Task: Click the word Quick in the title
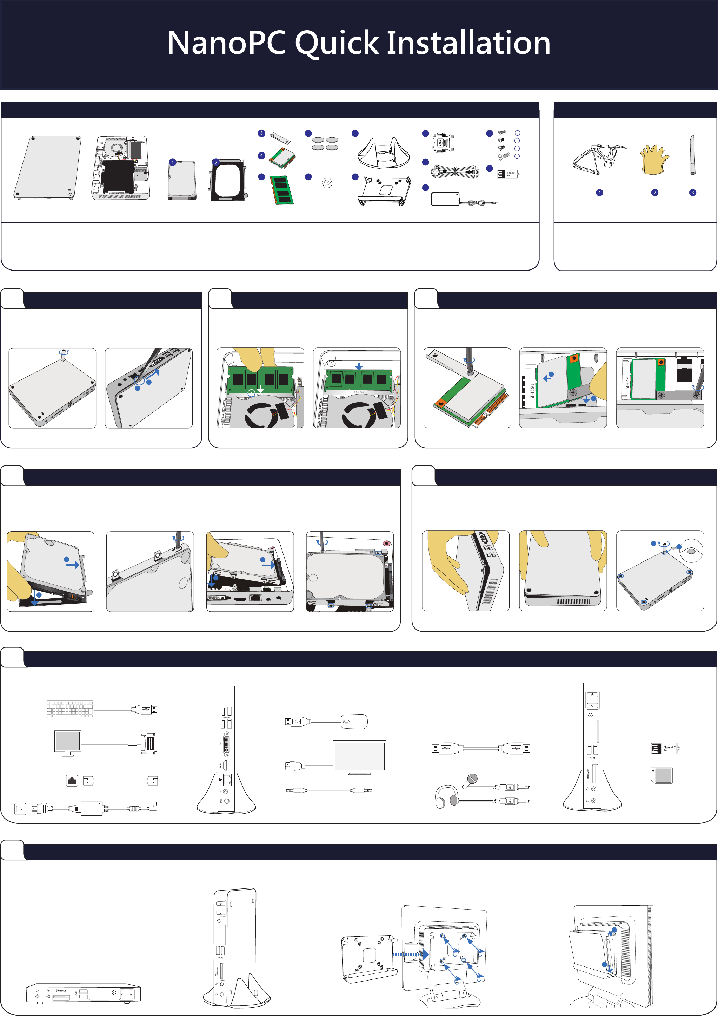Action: pyautogui.click(x=337, y=43)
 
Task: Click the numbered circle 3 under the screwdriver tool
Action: pyautogui.click(x=692, y=193)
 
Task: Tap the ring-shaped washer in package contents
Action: pyautogui.click(x=327, y=182)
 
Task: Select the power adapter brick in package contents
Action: pyautogui.click(x=445, y=199)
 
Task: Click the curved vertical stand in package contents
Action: pyautogui.click(x=383, y=153)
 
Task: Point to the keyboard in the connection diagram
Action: pyautogui.click(x=70, y=709)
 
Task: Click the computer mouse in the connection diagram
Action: pyautogui.click(x=354, y=722)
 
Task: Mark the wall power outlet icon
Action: pyautogui.click(x=20, y=809)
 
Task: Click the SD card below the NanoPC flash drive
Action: pyautogui.click(x=662, y=775)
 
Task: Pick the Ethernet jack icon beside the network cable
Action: pyautogui.click(x=72, y=781)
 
